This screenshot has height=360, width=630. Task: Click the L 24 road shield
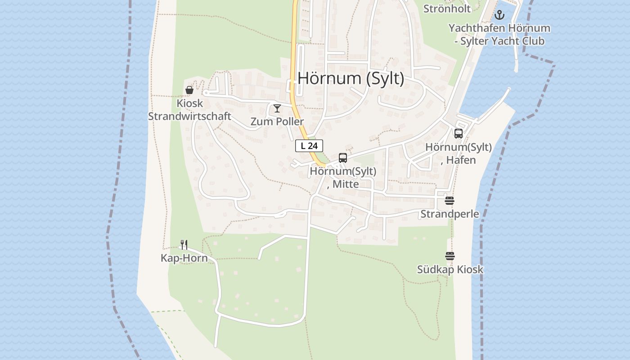(309, 146)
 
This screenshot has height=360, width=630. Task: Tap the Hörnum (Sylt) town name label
(351, 78)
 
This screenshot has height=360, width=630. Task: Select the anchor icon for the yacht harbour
(499, 15)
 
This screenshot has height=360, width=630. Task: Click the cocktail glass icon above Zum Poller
(277, 108)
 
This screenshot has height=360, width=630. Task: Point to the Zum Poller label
(277, 121)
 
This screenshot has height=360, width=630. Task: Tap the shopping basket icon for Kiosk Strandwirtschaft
(189, 90)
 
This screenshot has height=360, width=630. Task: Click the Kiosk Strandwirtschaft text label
(189, 110)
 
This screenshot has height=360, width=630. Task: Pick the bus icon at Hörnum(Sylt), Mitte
(343, 158)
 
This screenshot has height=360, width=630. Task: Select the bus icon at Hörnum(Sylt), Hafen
(459, 134)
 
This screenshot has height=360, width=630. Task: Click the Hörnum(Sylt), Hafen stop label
(458, 153)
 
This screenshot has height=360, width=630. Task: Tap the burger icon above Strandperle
(450, 201)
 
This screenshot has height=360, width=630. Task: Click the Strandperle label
(450, 214)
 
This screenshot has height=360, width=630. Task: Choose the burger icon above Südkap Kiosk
(450, 256)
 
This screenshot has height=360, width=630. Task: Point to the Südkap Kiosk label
(450, 270)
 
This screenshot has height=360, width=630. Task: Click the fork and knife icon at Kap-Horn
(184, 244)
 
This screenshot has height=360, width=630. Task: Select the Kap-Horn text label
(184, 258)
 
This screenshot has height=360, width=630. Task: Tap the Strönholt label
(447, 9)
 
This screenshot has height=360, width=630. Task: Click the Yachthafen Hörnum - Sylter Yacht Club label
(499, 35)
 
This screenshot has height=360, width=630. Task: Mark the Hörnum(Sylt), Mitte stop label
(343, 178)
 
